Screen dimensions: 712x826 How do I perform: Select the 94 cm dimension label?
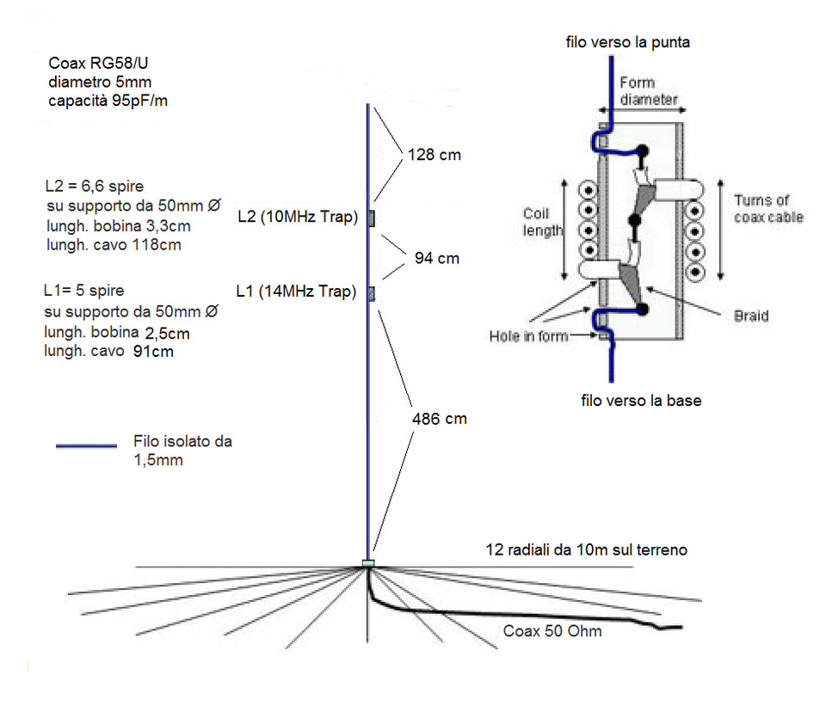(x=436, y=258)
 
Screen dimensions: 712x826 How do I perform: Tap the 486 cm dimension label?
(x=440, y=419)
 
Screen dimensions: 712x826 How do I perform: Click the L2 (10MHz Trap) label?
(x=297, y=218)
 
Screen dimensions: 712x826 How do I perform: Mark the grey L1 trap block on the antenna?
(x=372, y=295)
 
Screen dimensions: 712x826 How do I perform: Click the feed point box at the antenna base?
(x=368, y=564)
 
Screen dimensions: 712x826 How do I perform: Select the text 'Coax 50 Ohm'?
(x=552, y=632)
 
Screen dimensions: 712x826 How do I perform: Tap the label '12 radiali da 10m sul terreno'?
(x=586, y=549)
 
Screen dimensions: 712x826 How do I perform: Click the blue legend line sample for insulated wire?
(x=86, y=446)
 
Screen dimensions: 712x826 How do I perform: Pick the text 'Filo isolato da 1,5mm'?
(x=182, y=451)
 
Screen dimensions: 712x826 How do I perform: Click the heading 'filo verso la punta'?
(x=627, y=41)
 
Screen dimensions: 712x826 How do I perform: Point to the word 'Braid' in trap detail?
(x=751, y=316)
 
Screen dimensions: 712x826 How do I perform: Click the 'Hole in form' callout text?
(x=528, y=336)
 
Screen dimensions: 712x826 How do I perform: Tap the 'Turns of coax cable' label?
(x=767, y=209)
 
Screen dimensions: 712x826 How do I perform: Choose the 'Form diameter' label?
(x=648, y=91)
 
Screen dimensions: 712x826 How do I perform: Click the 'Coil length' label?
(x=542, y=222)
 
